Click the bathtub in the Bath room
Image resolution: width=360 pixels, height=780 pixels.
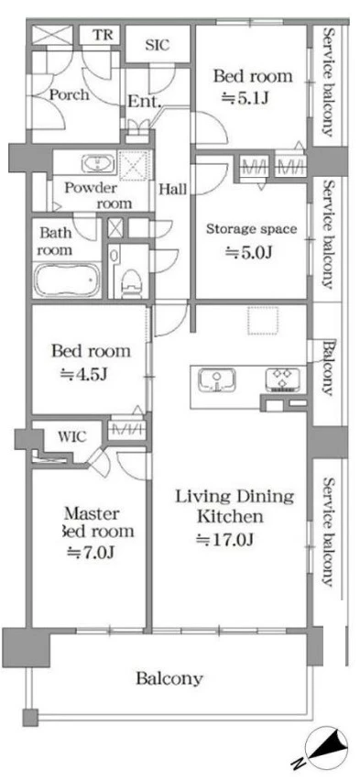coord(67,280)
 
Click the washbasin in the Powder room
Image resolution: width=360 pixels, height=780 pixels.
coord(98,163)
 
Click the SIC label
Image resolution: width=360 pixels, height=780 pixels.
coord(158,45)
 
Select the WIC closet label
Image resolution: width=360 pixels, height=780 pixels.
coord(72,437)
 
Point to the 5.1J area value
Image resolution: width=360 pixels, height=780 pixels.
coord(245,97)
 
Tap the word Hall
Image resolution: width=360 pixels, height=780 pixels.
coord(173,189)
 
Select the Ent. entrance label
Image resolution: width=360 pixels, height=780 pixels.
coord(144,102)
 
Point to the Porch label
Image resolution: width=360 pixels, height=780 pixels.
coord(69,94)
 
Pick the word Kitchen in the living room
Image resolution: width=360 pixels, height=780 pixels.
coord(230,517)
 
